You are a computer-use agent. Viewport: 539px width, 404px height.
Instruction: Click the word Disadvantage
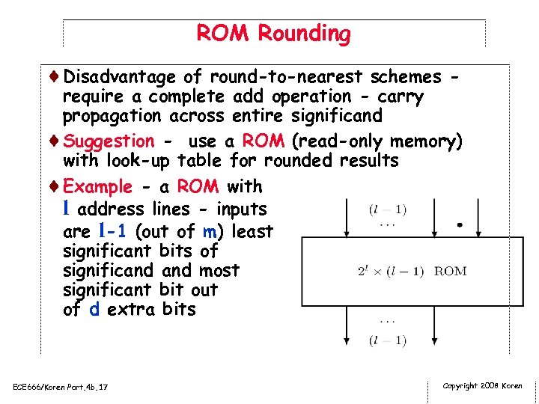[120, 77]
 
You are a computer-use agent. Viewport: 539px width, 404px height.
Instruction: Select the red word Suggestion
[109, 141]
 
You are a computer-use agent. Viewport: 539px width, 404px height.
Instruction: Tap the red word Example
[98, 187]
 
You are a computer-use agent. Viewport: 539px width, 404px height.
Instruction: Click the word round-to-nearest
[285, 77]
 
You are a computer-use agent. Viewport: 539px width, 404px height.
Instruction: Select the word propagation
[112, 116]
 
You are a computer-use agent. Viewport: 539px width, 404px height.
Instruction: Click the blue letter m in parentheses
[209, 232]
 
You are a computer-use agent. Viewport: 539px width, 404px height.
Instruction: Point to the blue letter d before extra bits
[94, 310]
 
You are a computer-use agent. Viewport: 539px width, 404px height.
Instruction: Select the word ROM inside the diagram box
[450, 271]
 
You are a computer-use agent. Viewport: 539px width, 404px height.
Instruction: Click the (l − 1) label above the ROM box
[387, 210]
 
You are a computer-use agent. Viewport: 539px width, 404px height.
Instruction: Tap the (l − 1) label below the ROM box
[387, 340]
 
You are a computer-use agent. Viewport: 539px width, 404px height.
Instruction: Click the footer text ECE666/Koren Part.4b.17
[61, 387]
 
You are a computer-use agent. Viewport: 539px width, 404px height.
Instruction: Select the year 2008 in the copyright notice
[491, 386]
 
